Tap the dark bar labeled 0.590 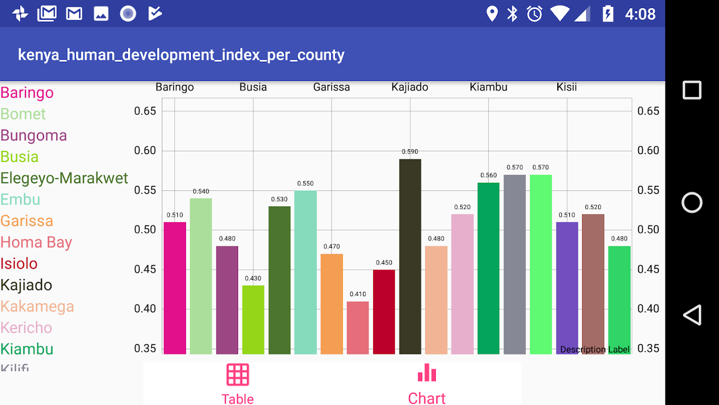pos(410,256)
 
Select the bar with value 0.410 pos(357,328)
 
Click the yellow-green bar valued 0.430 pos(253,319)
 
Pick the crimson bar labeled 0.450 pos(384,311)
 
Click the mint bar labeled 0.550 pos(305,272)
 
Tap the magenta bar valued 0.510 pos(175,288)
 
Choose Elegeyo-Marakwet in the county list pos(64,178)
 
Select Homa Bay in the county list pos(36,242)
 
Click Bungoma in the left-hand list pos(34,136)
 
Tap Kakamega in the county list pos(37,307)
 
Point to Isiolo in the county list pos(19,264)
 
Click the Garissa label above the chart pos(331,87)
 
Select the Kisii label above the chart pos(566,87)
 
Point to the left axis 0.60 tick pos(145,150)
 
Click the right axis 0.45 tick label pos(648,269)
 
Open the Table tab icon pos(238,375)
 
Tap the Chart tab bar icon pos(427,373)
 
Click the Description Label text pos(595,349)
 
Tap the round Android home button pos(692,202)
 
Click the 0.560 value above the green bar pos(488,176)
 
